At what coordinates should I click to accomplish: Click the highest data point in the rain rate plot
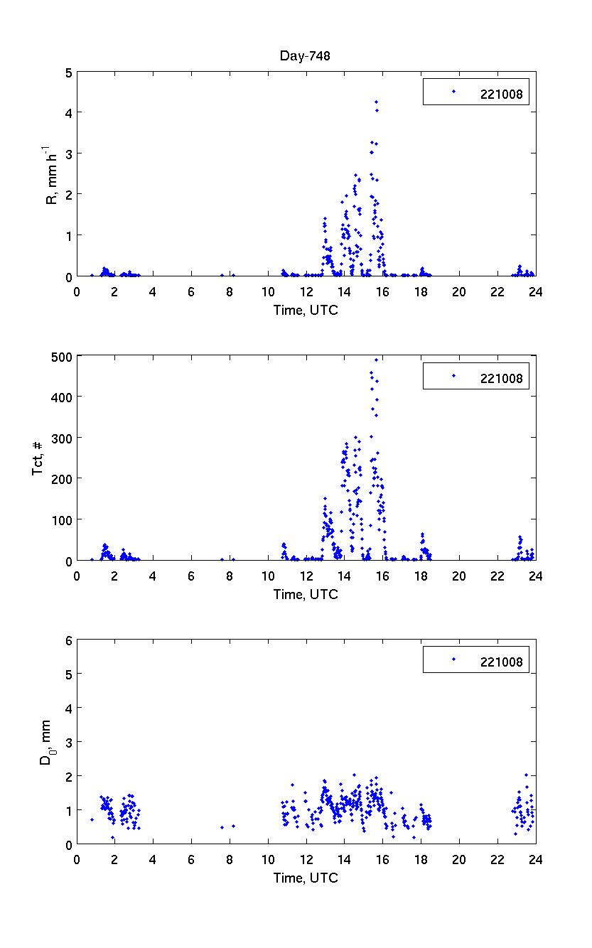pyautogui.click(x=376, y=102)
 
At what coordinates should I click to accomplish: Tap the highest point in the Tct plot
pyautogui.click(x=377, y=360)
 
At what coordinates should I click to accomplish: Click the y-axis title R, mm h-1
pyautogui.click(x=52, y=174)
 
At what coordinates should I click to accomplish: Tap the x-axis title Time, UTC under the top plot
pyautogui.click(x=306, y=311)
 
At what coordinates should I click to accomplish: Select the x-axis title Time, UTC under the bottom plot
pyautogui.click(x=306, y=878)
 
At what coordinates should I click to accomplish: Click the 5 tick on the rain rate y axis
pyautogui.click(x=68, y=72)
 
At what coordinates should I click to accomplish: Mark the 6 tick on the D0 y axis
pyautogui.click(x=68, y=640)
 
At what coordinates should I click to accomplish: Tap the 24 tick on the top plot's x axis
pyautogui.click(x=535, y=290)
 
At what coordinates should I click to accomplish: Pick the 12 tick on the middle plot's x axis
pyautogui.click(x=306, y=574)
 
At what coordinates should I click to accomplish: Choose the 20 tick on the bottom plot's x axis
pyautogui.click(x=459, y=858)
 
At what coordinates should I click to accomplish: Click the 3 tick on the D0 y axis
pyautogui.click(x=68, y=742)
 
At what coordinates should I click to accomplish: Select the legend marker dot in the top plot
pyautogui.click(x=453, y=91)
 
